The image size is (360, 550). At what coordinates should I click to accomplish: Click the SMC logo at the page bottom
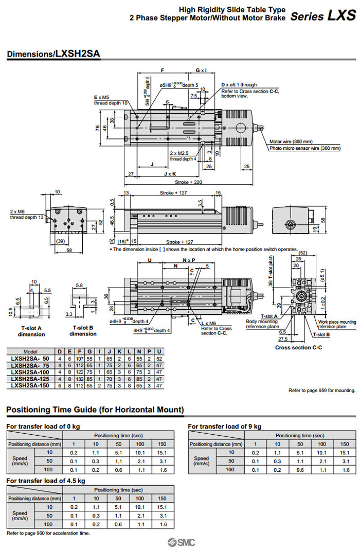(180, 542)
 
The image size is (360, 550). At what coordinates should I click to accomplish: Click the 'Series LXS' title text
(322, 15)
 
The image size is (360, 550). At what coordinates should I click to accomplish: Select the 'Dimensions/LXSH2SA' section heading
(53, 54)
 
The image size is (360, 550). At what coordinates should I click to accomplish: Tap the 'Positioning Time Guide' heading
(95, 410)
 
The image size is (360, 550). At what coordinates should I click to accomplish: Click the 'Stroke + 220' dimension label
(188, 182)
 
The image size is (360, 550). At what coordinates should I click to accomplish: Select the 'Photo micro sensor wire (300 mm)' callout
(305, 148)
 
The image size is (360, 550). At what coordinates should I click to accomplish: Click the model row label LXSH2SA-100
(31, 371)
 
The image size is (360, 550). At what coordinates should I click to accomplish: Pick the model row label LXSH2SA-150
(31, 385)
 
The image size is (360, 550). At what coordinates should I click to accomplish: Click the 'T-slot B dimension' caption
(83, 331)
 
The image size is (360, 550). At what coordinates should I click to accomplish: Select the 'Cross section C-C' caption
(298, 348)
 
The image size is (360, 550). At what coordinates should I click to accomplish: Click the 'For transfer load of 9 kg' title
(224, 426)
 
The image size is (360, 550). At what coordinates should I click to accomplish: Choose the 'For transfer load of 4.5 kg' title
(46, 481)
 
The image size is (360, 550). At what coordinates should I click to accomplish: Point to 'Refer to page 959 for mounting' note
(321, 391)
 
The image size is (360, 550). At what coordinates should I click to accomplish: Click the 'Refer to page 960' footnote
(48, 533)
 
